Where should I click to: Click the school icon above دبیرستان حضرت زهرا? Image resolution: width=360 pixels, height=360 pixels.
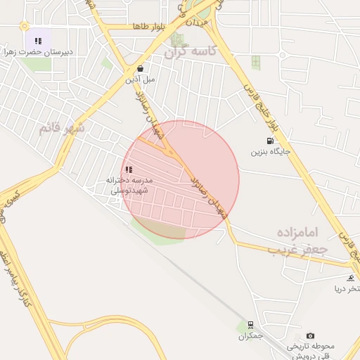(x=38, y=41)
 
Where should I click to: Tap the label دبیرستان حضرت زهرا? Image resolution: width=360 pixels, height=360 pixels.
(x=38, y=52)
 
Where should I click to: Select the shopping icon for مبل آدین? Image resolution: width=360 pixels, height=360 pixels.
(x=140, y=69)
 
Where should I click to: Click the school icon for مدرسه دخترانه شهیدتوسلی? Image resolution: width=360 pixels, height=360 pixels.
(x=129, y=169)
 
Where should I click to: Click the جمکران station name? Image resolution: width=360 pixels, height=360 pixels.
(x=250, y=336)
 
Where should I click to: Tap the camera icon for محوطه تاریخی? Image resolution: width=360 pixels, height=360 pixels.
(x=311, y=335)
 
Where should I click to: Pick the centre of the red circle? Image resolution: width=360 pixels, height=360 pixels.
(x=180, y=180)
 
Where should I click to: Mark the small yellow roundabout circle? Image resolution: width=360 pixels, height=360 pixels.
(x=25, y=26)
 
